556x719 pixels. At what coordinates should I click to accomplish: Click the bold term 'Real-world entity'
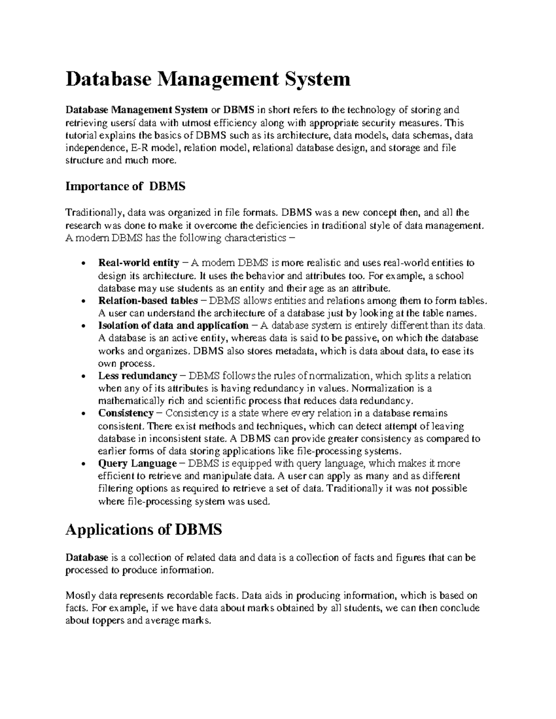(139, 263)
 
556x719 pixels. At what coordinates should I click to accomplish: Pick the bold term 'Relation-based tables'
(148, 300)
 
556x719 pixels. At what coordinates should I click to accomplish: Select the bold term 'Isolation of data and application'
(173, 325)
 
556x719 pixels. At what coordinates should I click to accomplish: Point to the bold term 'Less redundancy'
(138, 375)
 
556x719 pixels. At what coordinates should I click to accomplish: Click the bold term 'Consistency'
(126, 413)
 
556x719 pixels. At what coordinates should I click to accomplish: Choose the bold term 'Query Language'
(137, 463)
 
